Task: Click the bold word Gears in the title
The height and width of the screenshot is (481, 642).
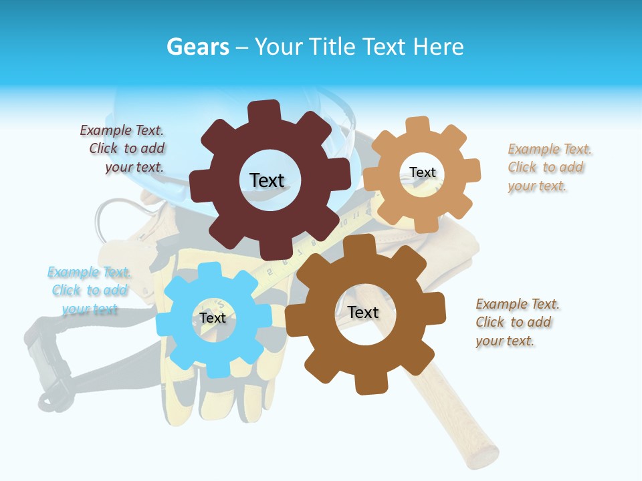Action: pyautogui.click(x=197, y=47)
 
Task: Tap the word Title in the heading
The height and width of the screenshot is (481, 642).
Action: pyautogui.click(x=333, y=47)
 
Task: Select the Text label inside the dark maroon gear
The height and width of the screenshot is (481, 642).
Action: pyautogui.click(x=267, y=180)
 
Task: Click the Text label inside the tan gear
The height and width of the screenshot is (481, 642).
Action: pyautogui.click(x=422, y=172)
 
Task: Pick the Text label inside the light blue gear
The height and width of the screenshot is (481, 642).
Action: pyautogui.click(x=212, y=318)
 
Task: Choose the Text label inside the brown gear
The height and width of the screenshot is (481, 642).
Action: pyautogui.click(x=363, y=312)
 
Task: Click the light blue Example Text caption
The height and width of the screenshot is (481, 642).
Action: pyautogui.click(x=89, y=291)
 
